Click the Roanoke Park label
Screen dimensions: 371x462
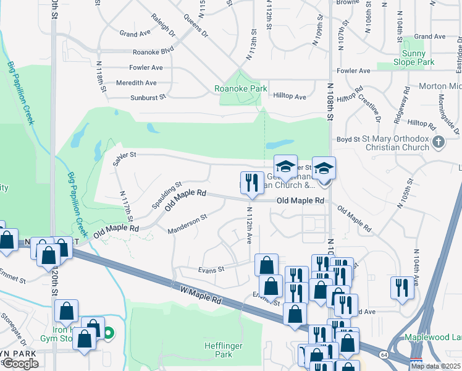click(x=240, y=88)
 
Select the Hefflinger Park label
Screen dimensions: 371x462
click(x=219, y=350)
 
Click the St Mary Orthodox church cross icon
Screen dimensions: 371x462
click(x=439, y=143)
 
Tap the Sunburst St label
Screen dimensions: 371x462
click(x=148, y=97)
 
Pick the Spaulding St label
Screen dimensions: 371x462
click(x=167, y=195)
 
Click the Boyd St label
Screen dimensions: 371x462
click(x=348, y=140)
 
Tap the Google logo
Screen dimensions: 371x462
click(x=20, y=364)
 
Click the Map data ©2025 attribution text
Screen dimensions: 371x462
click(x=435, y=366)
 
